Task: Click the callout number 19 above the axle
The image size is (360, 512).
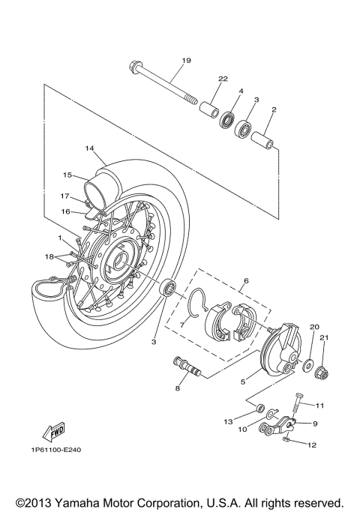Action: click(x=186, y=60)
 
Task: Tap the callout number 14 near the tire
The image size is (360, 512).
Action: click(x=89, y=148)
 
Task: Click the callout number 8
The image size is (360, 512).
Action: click(x=178, y=388)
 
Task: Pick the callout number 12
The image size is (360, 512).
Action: click(x=312, y=445)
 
